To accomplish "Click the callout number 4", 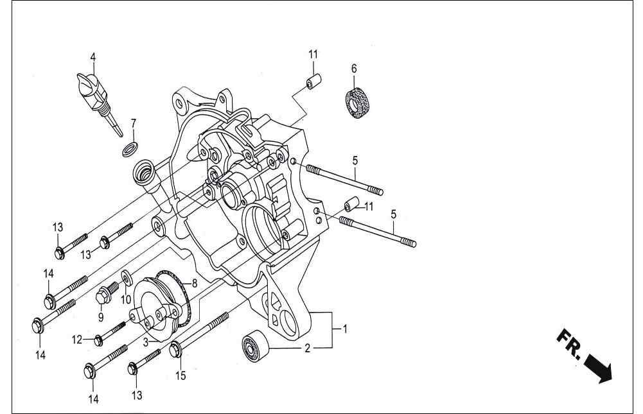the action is pyautogui.click(x=93, y=57).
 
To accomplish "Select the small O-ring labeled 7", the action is pyautogui.click(x=130, y=150).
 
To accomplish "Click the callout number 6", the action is pyautogui.click(x=354, y=69).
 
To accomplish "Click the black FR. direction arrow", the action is pyautogui.click(x=597, y=368).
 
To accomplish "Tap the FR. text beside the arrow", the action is pyautogui.click(x=568, y=343).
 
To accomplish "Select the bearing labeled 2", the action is pyautogui.click(x=255, y=345).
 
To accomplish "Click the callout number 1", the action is pyautogui.click(x=346, y=329).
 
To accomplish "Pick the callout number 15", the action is pyautogui.click(x=181, y=375).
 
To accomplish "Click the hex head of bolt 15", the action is pyautogui.click(x=175, y=350).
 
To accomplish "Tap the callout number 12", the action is pyautogui.click(x=77, y=340).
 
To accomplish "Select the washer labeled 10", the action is pyautogui.click(x=127, y=277).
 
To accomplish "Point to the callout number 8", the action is pyautogui.click(x=195, y=283).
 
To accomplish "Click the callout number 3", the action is pyautogui.click(x=146, y=342).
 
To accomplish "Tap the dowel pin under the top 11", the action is pyautogui.click(x=313, y=80).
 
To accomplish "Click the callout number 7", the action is pyautogui.click(x=134, y=123).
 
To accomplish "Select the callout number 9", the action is pyautogui.click(x=100, y=317).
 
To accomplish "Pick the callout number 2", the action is pyautogui.click(x=308, y=349).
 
